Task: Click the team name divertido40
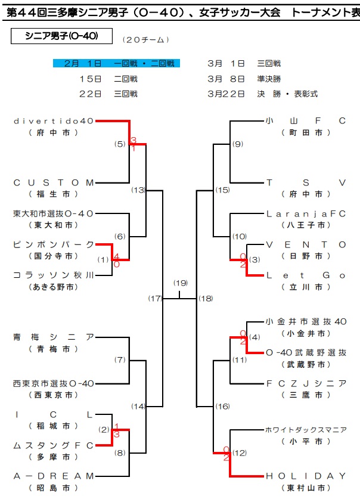[54, 120]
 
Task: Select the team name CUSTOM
[54, 182]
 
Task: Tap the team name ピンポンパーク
[54, 244]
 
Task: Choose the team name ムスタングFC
[54, 445]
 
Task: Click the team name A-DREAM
[54, 476]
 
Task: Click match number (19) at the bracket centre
[180, 283]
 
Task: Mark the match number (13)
[138, 190]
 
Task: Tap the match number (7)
[120, 360]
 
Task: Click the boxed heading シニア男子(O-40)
[54, 36]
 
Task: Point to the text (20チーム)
[145, 40]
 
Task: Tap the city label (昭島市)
[54, 488]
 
